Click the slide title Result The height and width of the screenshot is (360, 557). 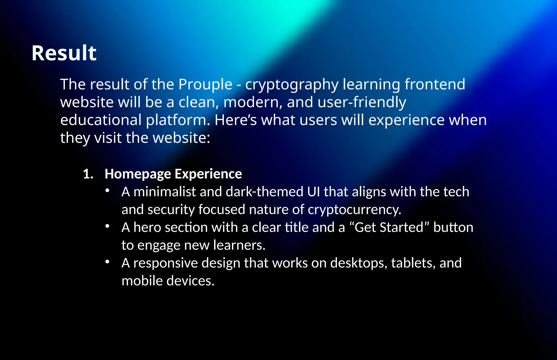[x=64, y=53]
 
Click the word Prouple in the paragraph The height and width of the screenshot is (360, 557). [x=205, y=84]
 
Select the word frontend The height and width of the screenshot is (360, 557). [x=435, y=84]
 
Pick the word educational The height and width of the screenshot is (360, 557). [x=101, y=120]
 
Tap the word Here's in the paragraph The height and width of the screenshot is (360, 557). [x=236, y=120]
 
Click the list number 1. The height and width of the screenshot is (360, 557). [x=88, y=174]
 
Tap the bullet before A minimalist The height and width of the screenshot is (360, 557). [x=107, y=191]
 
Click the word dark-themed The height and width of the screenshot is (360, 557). [x=264, y=192]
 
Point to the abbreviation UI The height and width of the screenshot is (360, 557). [x=313, y=192]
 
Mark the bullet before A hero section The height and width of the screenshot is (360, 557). [x=107, y=226]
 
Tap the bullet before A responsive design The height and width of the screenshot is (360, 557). [x=107, y=262]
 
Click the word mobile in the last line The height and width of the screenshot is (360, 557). [x=142, y=281]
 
